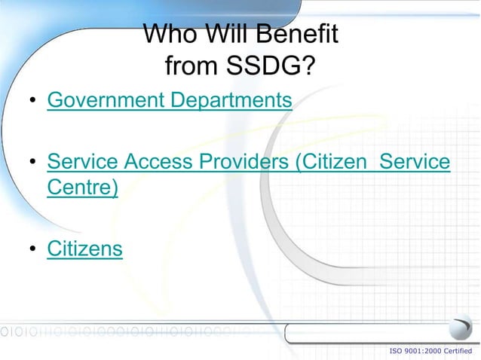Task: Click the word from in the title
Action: point(189,68)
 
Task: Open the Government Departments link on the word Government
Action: point(106,99)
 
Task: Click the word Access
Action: point(165,162)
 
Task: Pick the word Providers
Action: point(253,162)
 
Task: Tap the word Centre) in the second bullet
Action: point(82,188)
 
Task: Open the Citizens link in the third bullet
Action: point(84,249)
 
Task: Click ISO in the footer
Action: point(396,351)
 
